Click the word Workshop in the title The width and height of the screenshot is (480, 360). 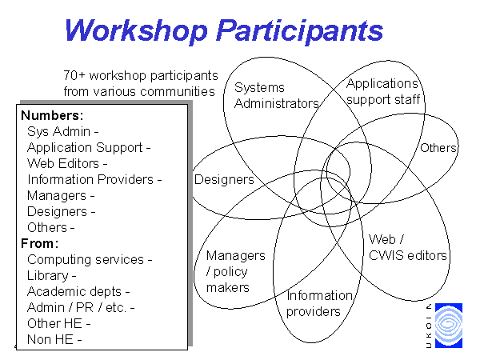136,30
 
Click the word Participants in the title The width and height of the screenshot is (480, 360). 300,31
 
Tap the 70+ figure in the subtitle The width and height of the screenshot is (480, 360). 74,75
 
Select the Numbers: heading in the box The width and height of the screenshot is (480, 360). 52,116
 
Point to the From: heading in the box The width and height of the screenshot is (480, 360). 40,244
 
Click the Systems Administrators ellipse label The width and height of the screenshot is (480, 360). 277,95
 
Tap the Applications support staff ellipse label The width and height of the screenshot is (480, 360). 382,91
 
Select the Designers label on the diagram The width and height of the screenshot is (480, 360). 224,180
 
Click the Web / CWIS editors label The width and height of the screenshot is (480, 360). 407,248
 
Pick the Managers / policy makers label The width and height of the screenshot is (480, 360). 236,271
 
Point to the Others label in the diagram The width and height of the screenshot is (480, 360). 438,148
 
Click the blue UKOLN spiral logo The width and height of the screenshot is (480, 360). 449,326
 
